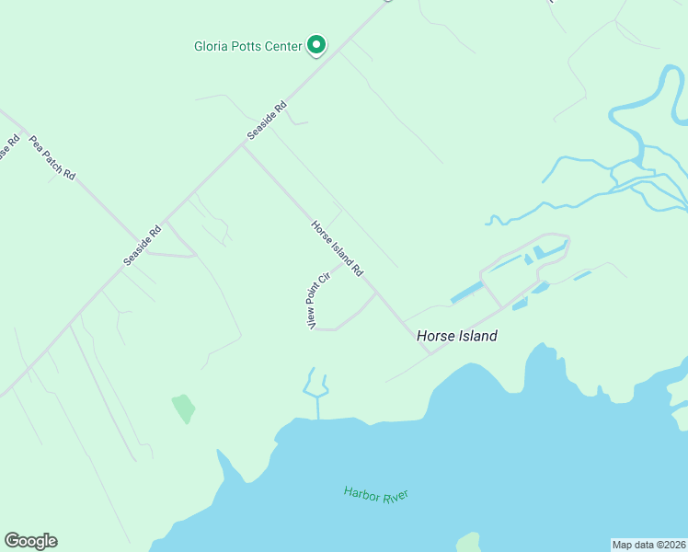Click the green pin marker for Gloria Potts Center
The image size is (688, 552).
pos(316,44)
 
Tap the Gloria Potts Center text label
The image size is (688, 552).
pos(247,46)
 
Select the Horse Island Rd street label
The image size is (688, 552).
pos(338,248)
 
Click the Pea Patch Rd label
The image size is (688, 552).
pos(52,158)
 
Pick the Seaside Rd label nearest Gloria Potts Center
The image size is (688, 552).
pos(267,120)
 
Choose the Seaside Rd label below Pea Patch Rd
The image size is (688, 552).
pos(143,247)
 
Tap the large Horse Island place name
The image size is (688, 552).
pos(456,336)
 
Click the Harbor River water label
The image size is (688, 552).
pos(375,494)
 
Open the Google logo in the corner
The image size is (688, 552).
pos(30,541)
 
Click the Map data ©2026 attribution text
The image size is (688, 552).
pos(648,545)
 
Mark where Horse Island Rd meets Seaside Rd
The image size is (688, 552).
pos(242,145)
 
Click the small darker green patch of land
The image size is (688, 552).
pos(184,408)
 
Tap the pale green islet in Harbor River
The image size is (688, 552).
pos(469,542)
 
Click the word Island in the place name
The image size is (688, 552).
pos(476,336)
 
